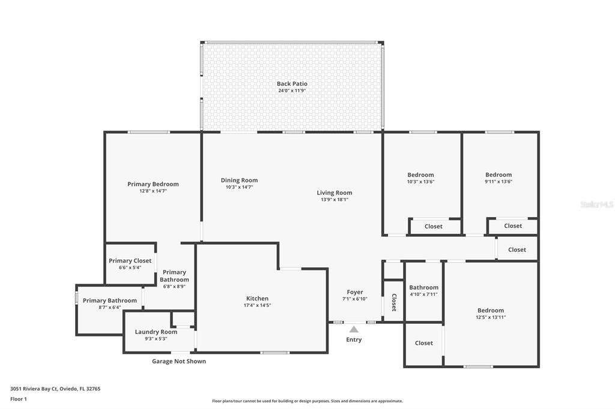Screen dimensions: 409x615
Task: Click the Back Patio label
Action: click(292, 83)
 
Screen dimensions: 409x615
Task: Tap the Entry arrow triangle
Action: click(354, 329)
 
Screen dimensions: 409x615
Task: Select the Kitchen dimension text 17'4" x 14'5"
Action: click(257, 305)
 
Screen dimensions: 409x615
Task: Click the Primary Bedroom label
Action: click(153, 184)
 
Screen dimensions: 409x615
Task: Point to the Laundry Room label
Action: click(156, 332)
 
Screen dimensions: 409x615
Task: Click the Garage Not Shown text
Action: click(178, 361)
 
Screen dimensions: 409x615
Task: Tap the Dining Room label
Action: click(239, 180)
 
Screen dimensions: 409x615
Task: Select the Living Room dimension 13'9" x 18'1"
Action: click(335, 200)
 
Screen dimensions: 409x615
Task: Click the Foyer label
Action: click(354, 292)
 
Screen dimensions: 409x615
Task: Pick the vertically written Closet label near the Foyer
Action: click(394, 302)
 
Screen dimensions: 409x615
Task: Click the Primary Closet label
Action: click(130, 261)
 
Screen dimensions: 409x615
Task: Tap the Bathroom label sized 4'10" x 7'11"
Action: click(423, 287)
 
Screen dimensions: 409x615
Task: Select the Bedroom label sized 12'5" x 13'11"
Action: click(490, 311)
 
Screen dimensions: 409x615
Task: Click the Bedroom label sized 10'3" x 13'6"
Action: click(420, 175)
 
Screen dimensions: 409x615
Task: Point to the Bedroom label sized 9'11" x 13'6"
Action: click(498, 175)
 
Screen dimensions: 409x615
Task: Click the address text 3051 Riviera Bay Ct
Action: click(55, 389)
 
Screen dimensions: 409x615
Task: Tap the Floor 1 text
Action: click(19, 399)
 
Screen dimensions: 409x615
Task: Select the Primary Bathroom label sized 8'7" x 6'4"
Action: click(109, 300)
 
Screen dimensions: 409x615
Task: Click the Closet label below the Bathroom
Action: click(423, 343)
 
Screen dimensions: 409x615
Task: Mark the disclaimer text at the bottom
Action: click(307, 401)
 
